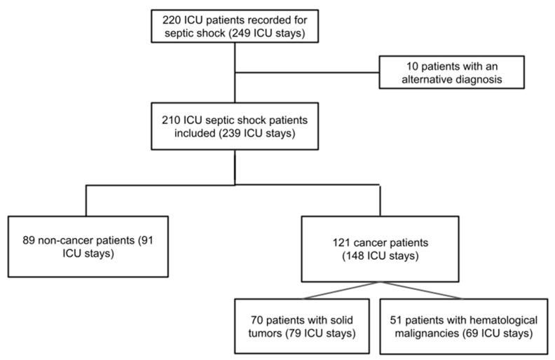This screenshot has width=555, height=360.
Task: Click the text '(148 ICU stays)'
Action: point(379,258)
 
